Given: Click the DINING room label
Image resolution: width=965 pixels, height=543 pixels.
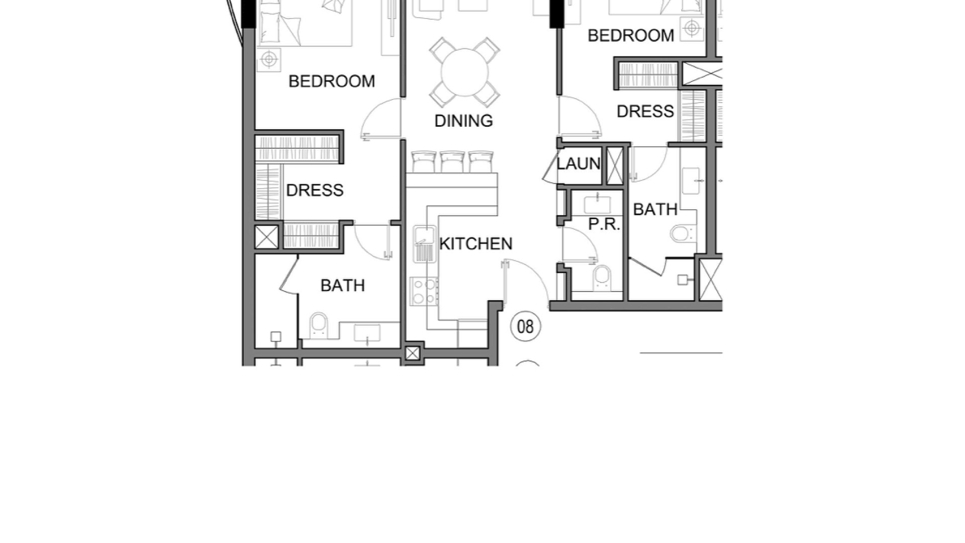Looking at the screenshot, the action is pos(463,121).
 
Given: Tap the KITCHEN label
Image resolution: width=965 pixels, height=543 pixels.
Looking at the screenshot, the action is pos(475,244).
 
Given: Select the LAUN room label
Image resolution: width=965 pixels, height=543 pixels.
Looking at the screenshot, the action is pos(578,163).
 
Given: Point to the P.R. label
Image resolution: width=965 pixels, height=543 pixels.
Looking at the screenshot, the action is pos(604,224).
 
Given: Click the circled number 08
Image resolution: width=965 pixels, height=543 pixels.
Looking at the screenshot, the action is pos(526,326).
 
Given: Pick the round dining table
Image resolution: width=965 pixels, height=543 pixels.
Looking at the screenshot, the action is pos(464,72).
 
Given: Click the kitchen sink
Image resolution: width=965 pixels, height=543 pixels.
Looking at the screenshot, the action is pos(425,244).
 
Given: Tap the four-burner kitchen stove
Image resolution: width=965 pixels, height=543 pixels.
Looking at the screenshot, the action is pos(424,291).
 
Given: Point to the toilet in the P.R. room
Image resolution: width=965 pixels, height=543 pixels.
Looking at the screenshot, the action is pos(601,277).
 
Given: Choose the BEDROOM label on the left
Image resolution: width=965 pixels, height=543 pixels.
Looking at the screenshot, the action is pos(332,81).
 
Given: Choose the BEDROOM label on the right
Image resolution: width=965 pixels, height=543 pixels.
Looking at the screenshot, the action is pos(631,36).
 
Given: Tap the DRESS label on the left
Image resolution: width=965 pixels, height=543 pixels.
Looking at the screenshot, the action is pos(315,190).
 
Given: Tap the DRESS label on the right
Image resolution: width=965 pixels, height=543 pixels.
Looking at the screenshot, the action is pos(645,111).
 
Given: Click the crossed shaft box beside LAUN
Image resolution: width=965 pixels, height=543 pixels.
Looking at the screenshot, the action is pos(615,165).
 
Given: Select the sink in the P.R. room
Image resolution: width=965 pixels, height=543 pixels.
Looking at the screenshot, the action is pos(597,205).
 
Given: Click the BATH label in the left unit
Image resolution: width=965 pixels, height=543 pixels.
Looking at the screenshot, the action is pos(343,286).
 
